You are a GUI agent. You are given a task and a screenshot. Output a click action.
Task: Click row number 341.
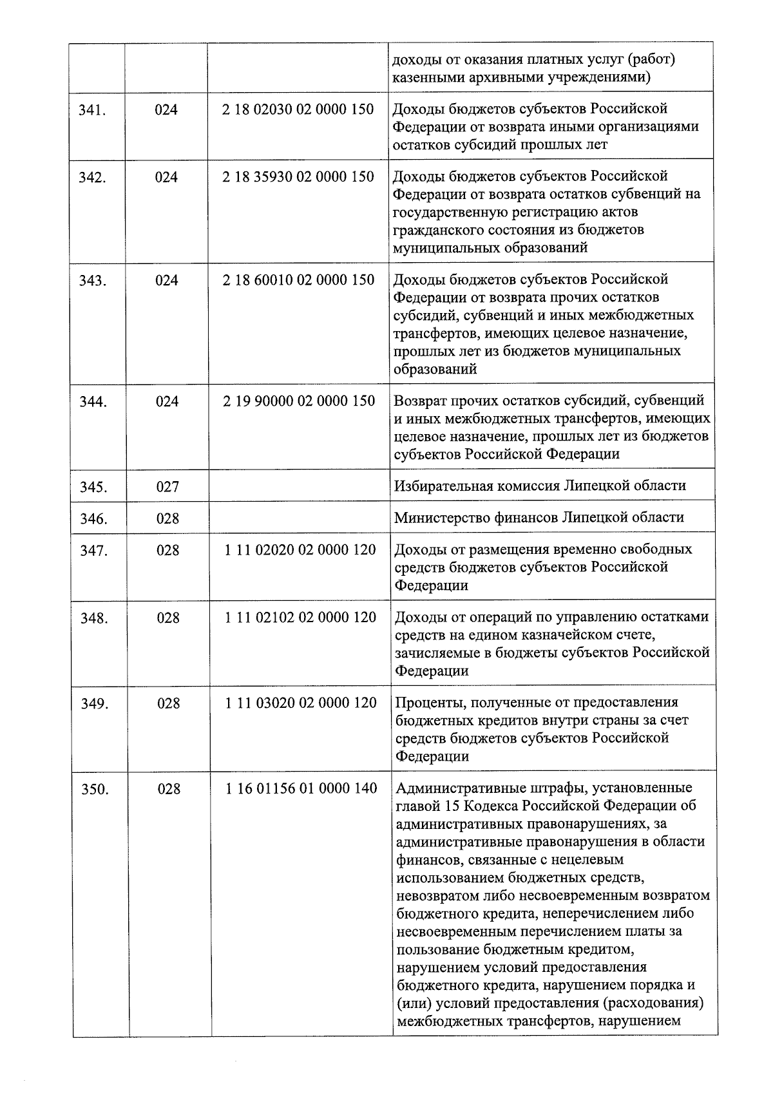[92, 110]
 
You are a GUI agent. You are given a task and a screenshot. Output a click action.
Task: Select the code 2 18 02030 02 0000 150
[298, 109]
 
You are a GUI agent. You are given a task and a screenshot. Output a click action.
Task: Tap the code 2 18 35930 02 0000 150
[298, 176]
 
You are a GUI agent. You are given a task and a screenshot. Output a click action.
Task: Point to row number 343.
[93, 281]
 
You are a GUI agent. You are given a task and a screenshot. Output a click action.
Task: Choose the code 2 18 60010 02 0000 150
[299, 280]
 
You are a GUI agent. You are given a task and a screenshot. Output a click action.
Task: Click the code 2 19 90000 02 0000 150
[299, 401]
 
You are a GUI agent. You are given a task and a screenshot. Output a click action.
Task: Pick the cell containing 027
[167, 487]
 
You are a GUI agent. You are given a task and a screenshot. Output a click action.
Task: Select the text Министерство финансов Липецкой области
[539, 517]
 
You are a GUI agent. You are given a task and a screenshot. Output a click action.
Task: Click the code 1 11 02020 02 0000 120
[300, 550]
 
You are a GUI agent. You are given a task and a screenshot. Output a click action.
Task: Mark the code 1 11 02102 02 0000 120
[300, 617]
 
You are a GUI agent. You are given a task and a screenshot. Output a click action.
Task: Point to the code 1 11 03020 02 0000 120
[301, 703]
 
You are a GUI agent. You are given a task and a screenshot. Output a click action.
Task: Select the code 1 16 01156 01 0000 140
[301, 788]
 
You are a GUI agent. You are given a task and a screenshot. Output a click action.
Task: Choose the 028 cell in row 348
[168, 618]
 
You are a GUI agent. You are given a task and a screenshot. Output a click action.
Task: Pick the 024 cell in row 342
[166, 177]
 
